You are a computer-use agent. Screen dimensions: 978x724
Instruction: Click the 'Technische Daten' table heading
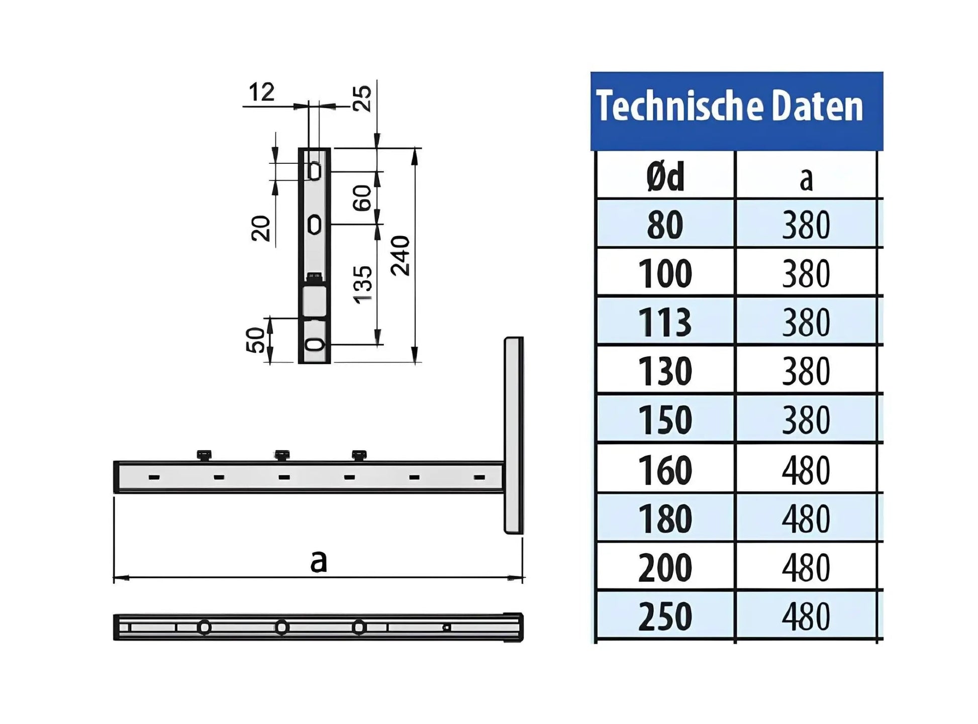[x=729, y=107]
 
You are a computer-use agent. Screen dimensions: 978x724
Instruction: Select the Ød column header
[x=665, y=177]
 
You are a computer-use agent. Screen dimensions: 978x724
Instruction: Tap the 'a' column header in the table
[x=806, y=179]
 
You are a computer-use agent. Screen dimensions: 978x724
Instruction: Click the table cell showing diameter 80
[x=665, y=225]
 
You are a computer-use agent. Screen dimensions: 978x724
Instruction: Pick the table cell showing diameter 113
[x=665, y=323]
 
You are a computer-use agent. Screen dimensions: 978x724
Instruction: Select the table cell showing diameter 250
[x=665, y=617]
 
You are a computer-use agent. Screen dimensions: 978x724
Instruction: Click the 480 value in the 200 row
[x=806, y=568]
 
